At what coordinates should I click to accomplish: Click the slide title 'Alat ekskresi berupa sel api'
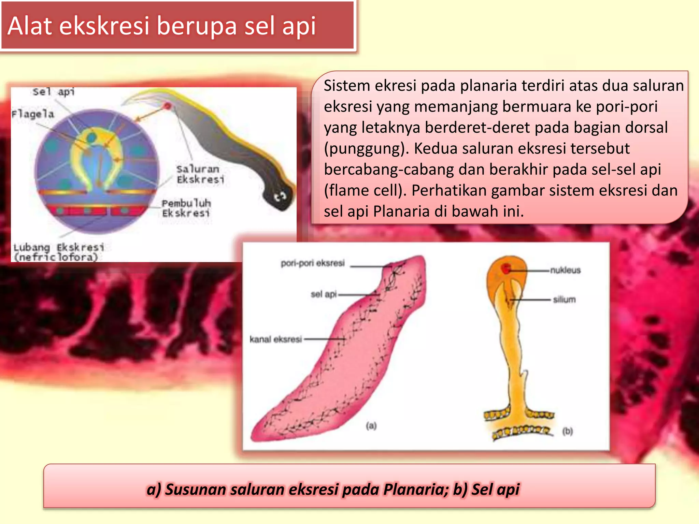[162, 26]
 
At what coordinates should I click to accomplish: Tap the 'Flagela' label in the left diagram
[33, 114]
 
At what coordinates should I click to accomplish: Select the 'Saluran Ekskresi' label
[200, 174]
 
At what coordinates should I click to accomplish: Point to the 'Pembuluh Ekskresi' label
[186, 208]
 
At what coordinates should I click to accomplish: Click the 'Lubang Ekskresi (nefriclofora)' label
[58, 252]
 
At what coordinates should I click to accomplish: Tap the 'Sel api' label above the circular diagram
[54, 92]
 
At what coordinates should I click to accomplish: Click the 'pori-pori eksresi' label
[313, 263]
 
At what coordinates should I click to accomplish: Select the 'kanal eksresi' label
[276, 339]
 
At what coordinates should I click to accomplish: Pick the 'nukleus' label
[565, 270]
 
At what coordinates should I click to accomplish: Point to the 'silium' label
[564, 300]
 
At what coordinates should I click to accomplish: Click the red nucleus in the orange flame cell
[506, 269]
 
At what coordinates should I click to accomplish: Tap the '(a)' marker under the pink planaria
[371, 425]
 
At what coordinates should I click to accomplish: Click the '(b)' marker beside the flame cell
[568, 432]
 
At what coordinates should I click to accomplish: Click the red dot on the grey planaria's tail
[168, 106]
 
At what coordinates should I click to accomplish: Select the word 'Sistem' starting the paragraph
[346, 86]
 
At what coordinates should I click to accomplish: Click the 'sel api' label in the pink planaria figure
[324, 294]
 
